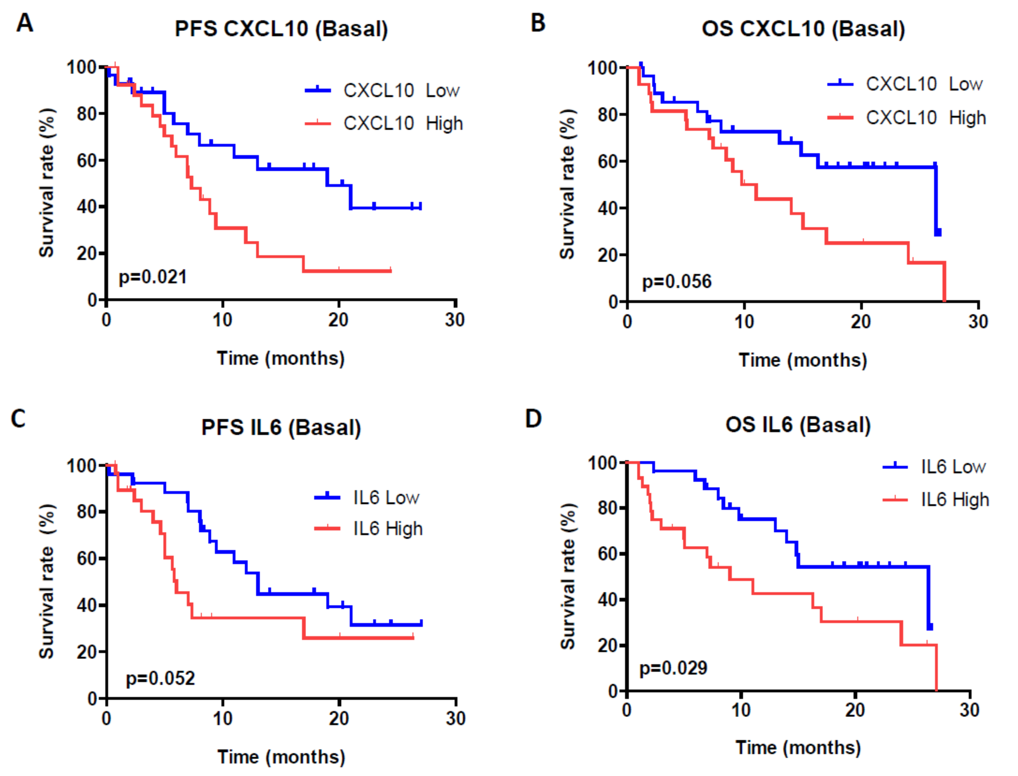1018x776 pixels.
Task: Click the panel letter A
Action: [25, 23]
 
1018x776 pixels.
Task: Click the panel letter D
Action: [533, 419]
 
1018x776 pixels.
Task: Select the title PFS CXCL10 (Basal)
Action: [281, 29]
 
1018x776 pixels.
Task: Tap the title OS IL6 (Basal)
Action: [798, 424]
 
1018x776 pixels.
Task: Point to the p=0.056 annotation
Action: [677, 281]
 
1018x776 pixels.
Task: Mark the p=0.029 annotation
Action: [673, 668]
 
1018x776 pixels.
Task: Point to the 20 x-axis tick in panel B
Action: [861, 321]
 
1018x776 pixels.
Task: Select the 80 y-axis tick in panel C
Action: [86, 512]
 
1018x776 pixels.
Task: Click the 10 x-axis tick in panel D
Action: [741, 710]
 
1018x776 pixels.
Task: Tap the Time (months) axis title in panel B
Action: [803, 360]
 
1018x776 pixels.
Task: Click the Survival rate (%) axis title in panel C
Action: [47, 581]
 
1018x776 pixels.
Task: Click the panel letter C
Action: [18, 419]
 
